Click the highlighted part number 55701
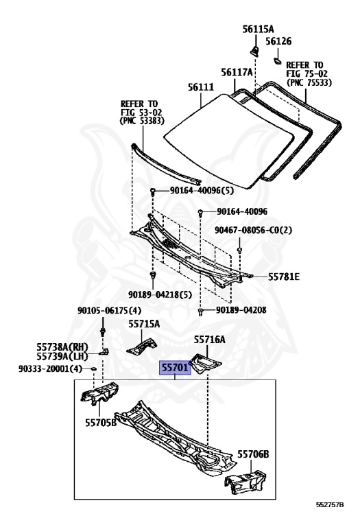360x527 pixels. (x=175, y=368)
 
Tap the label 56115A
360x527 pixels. (x=258, y=30)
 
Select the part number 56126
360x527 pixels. (x=278, y=41)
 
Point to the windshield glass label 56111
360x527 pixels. (x=201, y=87)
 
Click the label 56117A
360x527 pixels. (x=237, y=72)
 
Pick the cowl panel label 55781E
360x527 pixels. (x=284, y=277)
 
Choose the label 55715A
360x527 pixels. (x=144, y=324)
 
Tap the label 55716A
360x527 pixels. (x=210, y=340)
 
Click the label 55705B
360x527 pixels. (x=101, y=423)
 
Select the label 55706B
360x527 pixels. (x=253, y=454)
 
